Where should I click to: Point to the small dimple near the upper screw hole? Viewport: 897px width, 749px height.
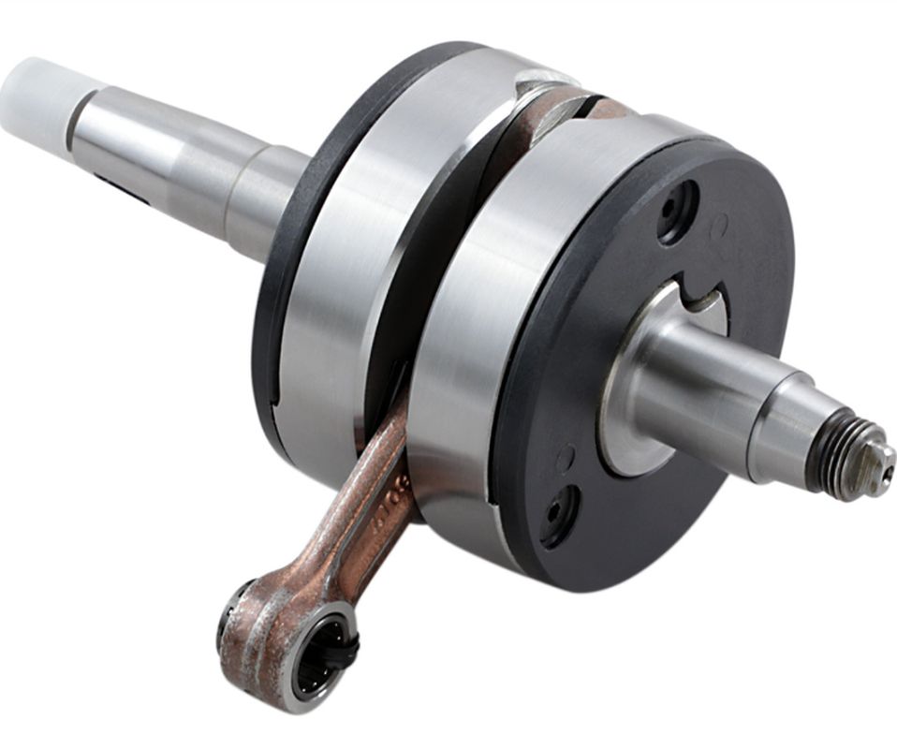[x=719, y=225]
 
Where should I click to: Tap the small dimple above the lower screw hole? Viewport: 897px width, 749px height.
[x=565, y=458]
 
